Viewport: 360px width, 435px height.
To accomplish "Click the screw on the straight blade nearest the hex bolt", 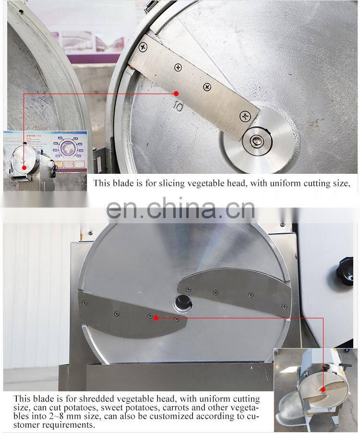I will (x=245, y=115).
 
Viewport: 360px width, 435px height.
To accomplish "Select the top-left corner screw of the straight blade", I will (x=143, y=47).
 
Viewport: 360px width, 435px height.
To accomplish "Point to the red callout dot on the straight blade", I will (x=176, y=93).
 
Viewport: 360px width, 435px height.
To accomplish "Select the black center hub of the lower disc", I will (x=182, y=302).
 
